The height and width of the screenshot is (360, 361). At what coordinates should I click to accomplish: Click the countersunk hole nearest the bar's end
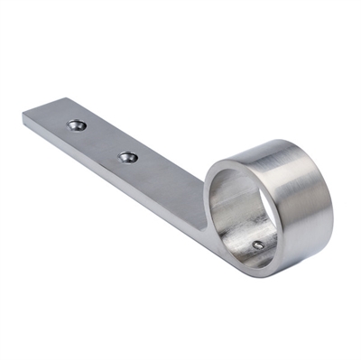coord(77,125)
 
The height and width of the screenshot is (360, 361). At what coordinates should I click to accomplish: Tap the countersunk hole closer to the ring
coord(129,157)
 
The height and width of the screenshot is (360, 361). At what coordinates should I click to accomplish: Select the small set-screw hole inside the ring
coord(258,244)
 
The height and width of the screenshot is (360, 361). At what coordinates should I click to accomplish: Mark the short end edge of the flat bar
coord(42,109)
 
